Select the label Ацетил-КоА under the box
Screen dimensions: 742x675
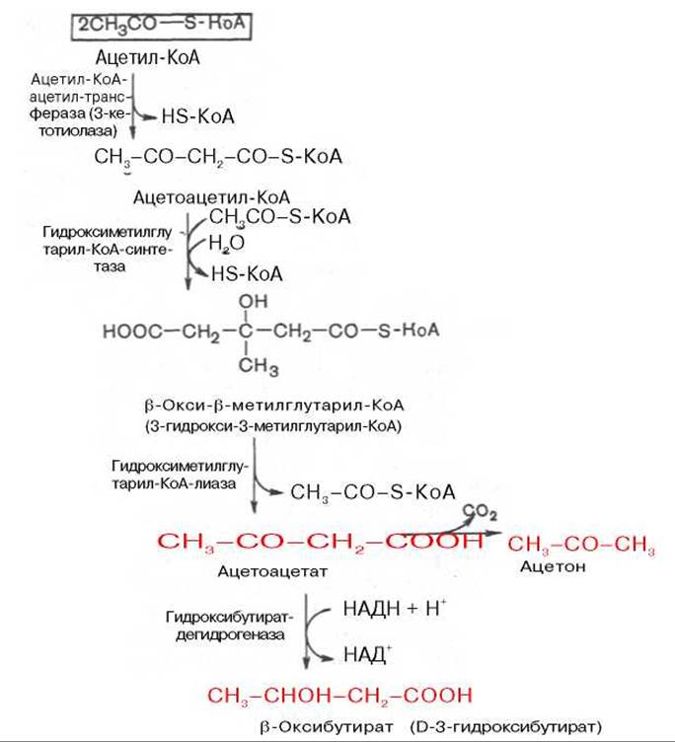(x=148, y=57)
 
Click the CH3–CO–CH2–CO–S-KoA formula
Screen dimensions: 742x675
(x=218, y=156)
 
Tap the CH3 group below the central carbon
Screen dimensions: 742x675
(x=259, y=366)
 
